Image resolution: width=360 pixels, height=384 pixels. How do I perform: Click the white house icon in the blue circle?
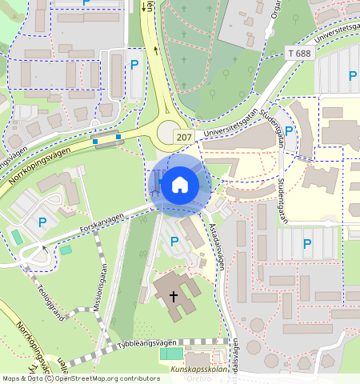pos(179,186)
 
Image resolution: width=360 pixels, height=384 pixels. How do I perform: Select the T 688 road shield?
pos(298,53)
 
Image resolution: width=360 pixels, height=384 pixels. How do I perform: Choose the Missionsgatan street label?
pos(99,292)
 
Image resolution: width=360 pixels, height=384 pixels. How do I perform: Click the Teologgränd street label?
pos(50,302)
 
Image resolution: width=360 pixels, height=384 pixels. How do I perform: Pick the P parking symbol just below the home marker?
pos(174,241)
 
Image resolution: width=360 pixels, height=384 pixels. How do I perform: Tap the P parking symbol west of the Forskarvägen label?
pos(42,222)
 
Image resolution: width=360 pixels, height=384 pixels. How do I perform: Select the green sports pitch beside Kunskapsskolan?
pos(170,354)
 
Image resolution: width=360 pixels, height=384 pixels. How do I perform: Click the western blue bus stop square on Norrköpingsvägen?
pos(95,142)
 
